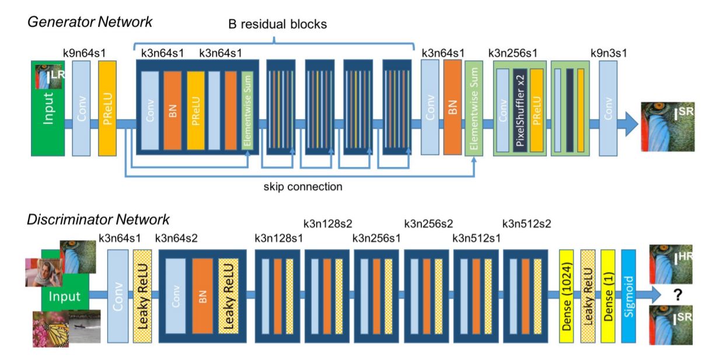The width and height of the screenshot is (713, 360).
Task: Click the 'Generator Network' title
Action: pyautogui.click(x=90, y=23)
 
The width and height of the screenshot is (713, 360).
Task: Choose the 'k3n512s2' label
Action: pyautogui.click(x=526, y=223)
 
